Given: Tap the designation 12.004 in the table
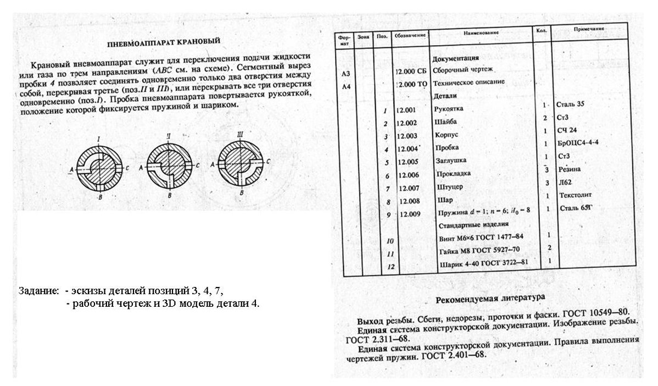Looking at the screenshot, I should (x=409, y=149).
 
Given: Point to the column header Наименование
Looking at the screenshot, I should (x=481, y=32).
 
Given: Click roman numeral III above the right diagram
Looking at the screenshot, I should (x=240, y=135).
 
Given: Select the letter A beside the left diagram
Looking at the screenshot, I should (x=71, y=171).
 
